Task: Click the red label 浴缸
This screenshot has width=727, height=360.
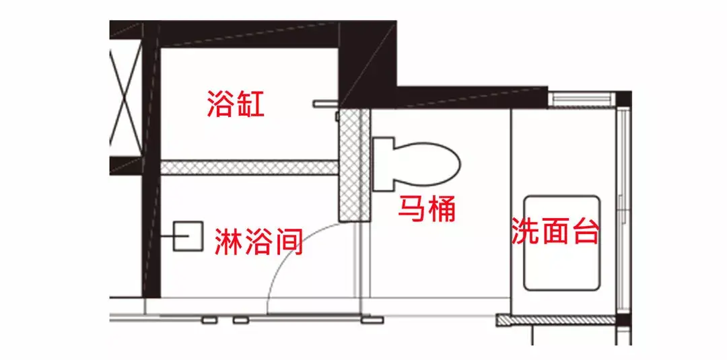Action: [x=236, y=105]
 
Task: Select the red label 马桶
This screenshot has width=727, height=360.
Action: [x=427, y=209]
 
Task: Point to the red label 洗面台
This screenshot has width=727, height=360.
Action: [x=555, y=231]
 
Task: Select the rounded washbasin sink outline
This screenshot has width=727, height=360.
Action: [x=562, y=243]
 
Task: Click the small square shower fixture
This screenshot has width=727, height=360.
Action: [x=188, y=236]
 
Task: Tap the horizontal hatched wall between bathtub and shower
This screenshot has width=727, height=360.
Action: [x=249, y=168]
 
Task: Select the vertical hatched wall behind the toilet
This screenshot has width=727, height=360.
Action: [x=355, y=165]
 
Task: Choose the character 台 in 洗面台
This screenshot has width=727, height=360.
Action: [x=585, y=231]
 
